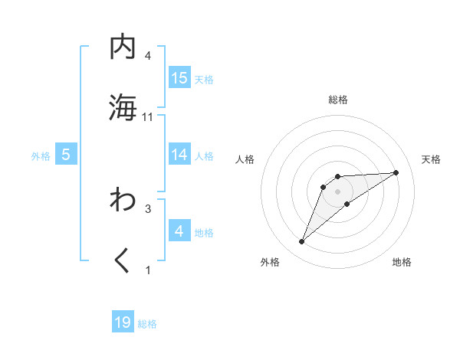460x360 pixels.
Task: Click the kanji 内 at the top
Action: click(123, 47)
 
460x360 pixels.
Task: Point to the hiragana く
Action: click(123, 261)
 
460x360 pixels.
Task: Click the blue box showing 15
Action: click(179, 78)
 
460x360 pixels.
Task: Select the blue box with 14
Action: click(179, 155)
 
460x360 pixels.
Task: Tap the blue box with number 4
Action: click(179, 231)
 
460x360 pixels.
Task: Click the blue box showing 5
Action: click(66, 155)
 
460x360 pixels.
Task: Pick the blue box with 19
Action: click(123, 322)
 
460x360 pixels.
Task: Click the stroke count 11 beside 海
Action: click(148, 117)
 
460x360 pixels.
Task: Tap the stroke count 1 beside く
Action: click(148, 270)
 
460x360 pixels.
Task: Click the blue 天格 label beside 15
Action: click(204, 79)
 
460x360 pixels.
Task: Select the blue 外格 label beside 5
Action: click(41, 155)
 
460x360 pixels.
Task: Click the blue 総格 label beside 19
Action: click(147, 324)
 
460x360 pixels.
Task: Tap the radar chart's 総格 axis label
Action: click(338, 100)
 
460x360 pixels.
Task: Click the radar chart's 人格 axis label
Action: click(245, 159)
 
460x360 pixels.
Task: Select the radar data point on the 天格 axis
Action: click(396, 172)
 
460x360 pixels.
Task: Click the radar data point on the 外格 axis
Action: click(302, 242)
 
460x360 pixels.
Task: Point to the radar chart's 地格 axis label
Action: click(402, 263)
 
